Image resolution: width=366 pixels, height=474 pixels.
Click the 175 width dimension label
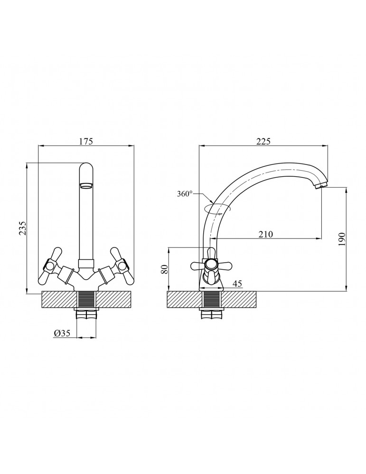(85, 141)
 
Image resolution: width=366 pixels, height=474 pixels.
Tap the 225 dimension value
(263, 141)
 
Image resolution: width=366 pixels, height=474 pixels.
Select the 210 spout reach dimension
(266, 234)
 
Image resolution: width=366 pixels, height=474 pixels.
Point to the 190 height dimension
(342, 239)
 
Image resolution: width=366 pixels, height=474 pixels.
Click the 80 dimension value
(164, 269)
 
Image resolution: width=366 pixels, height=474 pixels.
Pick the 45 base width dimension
(238, 283)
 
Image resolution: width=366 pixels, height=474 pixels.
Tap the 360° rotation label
(185, 194)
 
